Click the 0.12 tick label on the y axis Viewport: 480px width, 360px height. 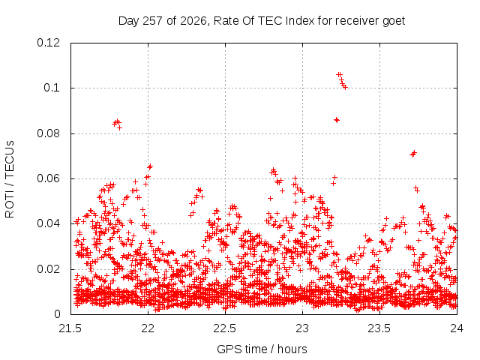[48, 43]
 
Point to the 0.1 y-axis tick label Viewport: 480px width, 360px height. [52, 88]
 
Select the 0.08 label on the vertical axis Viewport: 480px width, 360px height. [48, 133]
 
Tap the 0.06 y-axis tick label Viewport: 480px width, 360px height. [48, 178]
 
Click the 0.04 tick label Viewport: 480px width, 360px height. [48, 223]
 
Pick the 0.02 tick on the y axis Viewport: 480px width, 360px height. [48, 269]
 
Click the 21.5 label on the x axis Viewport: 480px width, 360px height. [70, 328]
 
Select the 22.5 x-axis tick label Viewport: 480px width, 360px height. [225, 328]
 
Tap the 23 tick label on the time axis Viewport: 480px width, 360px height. [302, 328]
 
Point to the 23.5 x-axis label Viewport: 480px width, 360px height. [379, 328]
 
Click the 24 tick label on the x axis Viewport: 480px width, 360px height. [457, 328]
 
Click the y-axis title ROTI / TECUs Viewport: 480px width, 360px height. [10, 179]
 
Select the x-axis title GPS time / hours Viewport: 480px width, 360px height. [262, 349]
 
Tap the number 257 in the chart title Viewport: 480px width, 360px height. [153, 21]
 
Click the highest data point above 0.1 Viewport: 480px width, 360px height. [338, 75]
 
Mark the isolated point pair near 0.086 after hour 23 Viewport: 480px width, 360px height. [337, 120]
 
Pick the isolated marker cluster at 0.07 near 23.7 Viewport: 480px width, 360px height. [413, 154]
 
